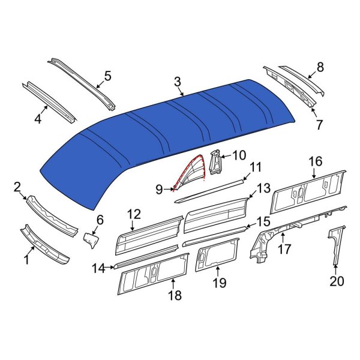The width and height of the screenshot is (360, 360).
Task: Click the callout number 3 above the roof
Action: click(x=178, y=81)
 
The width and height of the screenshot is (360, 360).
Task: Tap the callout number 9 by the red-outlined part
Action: click(x=159, y=190)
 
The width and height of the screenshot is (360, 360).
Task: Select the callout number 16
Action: click(x=316, y=161)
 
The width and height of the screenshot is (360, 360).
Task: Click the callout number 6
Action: click(x=100, y=220)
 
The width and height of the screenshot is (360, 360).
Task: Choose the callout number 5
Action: click(x=107, y=76)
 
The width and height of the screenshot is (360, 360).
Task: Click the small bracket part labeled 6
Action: click(x=90, y=239)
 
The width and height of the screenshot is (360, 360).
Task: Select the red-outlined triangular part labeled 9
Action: click(x=191, y=175)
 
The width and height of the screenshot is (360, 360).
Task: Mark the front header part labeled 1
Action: click(x=45, y=243)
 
